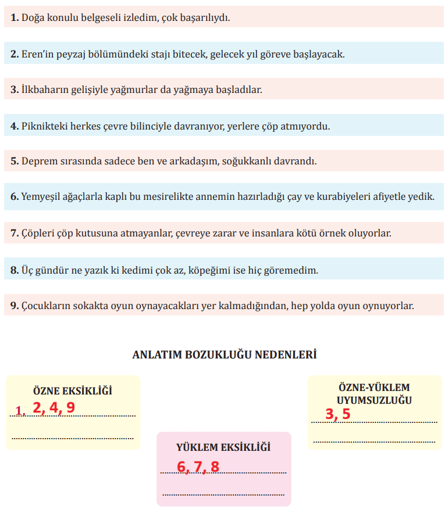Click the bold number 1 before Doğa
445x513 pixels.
[14, 18]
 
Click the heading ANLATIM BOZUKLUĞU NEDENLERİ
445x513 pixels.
[224, 354]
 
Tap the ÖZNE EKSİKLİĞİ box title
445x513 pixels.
[73, 391]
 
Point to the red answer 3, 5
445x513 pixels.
[338, 414]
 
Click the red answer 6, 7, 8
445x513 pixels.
[198, 467]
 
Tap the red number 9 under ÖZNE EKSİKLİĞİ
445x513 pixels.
[70, 407]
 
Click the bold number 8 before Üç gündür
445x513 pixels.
[14, 270]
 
